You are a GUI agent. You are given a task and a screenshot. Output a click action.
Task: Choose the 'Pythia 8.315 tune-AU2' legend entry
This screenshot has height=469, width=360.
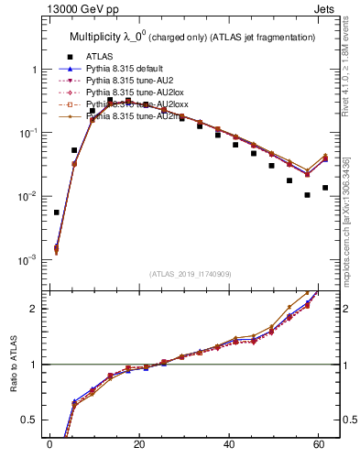tap(124, 81)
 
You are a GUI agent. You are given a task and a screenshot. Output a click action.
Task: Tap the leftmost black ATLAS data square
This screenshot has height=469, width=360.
tap(57, 212)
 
